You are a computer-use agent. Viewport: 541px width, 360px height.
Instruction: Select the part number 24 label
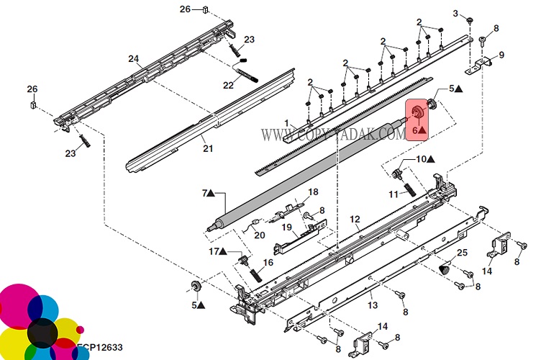pos(133,58)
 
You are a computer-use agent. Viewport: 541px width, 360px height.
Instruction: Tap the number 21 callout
pos(208,148)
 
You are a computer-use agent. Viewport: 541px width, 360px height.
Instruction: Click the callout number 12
pos(354,218)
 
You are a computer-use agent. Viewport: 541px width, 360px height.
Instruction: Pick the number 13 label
pos(373,305)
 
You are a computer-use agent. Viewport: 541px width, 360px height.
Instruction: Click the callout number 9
pos(501,55)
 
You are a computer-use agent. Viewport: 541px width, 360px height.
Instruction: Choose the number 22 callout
pos(228,85)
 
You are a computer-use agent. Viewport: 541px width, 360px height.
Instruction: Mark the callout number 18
pos(313,192)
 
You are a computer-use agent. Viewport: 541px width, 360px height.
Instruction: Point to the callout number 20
pos(260,235)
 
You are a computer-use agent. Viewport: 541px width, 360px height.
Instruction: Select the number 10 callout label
pos(422,158)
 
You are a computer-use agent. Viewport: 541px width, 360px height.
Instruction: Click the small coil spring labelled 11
pos(408,189)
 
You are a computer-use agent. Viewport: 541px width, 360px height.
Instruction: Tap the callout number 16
pos(268,264)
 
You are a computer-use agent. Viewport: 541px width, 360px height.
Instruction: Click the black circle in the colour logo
pos(42,332)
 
